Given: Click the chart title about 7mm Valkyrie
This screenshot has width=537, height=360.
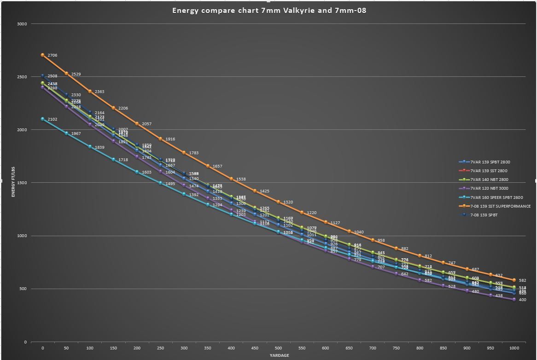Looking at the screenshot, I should (269, 10).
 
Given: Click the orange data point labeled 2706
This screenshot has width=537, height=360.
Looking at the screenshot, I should (43, 55).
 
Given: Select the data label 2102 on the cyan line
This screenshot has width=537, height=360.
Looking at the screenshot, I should (53, 119).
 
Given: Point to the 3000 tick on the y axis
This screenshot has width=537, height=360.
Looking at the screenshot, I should (22, 24).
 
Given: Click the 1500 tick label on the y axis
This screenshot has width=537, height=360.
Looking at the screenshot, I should (22, 183).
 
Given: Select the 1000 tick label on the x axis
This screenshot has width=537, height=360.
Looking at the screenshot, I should (514, 348).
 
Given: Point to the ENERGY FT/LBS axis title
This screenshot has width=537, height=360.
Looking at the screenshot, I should (13, 183).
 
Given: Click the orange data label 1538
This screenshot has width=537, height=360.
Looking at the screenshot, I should (241, 179).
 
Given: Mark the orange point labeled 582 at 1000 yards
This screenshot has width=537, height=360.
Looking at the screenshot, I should (514, 280).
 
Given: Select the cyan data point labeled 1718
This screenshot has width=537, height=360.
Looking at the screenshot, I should (113, 159).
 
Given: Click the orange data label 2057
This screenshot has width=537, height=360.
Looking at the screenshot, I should (146, 124).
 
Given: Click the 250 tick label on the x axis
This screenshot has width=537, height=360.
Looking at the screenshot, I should (160, 348).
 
